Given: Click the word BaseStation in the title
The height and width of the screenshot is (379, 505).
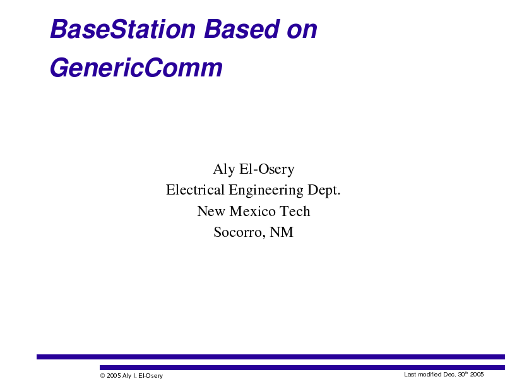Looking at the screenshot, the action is (x=122, y=29).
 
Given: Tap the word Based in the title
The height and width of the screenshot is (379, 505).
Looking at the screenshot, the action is (x=242, y=29).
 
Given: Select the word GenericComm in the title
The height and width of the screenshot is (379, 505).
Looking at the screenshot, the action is (x=136, y=68).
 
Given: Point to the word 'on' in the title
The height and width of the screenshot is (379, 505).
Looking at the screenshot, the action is (x=302, y=32).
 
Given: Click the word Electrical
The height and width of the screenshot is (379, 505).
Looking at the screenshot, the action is (x=195, y=189).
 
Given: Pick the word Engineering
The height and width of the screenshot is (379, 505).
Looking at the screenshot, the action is (x=266, y=191).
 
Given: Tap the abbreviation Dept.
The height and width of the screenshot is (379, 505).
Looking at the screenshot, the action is (x=324, y=191).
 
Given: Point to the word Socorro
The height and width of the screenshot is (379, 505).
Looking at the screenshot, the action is (x=240, y=232).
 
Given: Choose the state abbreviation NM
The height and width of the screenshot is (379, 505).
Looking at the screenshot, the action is (x=282, y=232).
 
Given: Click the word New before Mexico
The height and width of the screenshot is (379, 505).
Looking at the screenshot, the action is (x=211, y=211).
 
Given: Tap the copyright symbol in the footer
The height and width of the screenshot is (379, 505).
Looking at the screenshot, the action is (x=102, y=375).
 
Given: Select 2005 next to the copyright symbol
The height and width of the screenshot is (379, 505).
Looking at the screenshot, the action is (x=114, y=375).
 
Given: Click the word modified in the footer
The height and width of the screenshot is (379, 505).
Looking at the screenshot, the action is (x=430, y=374).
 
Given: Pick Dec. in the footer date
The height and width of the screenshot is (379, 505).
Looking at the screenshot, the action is (x=449, y=374).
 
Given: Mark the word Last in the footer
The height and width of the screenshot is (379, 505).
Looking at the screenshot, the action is (x=410, y=374).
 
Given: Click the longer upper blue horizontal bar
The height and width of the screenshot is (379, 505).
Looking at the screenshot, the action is (x=271, y=357).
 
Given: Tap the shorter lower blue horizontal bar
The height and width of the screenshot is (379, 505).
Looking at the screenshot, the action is (x=302, y=368).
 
